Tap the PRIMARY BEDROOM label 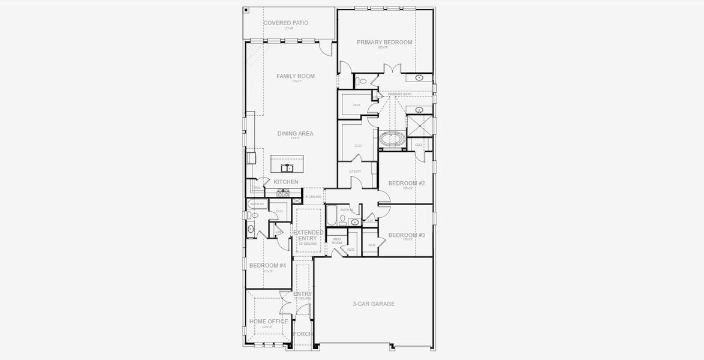384,43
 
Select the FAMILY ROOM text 296,76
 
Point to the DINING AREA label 295,134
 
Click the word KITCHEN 286,182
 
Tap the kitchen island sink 286,168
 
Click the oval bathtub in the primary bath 393,140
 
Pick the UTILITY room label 355,172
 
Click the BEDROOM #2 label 407,183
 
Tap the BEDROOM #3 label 407,235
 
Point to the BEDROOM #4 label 267,265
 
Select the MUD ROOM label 337,241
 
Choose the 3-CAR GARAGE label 374,304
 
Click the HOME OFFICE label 269,322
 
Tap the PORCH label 303,334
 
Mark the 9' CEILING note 314,196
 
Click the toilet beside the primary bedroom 362,82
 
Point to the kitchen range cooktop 284,193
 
